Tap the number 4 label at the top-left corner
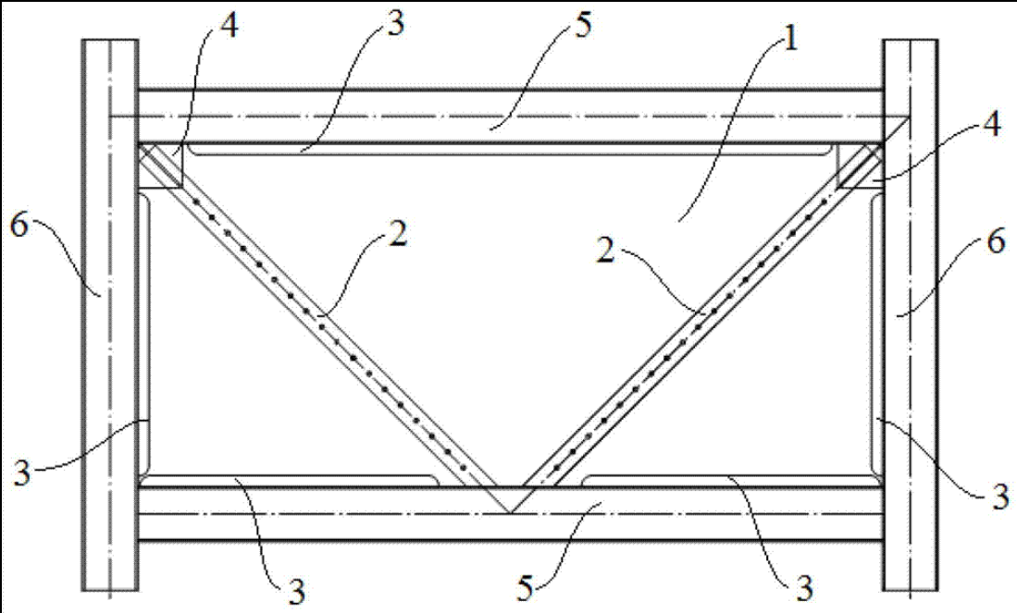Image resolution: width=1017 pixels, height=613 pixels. tap(229, 26)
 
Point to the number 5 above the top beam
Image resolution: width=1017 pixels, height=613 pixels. tap(581, 25)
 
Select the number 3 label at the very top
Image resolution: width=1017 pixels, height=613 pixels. tap(396, 25)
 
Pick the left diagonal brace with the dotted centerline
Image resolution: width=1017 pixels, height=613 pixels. tap(315, 314)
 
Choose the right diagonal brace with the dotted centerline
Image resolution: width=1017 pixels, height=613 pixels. tap(703, 314)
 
